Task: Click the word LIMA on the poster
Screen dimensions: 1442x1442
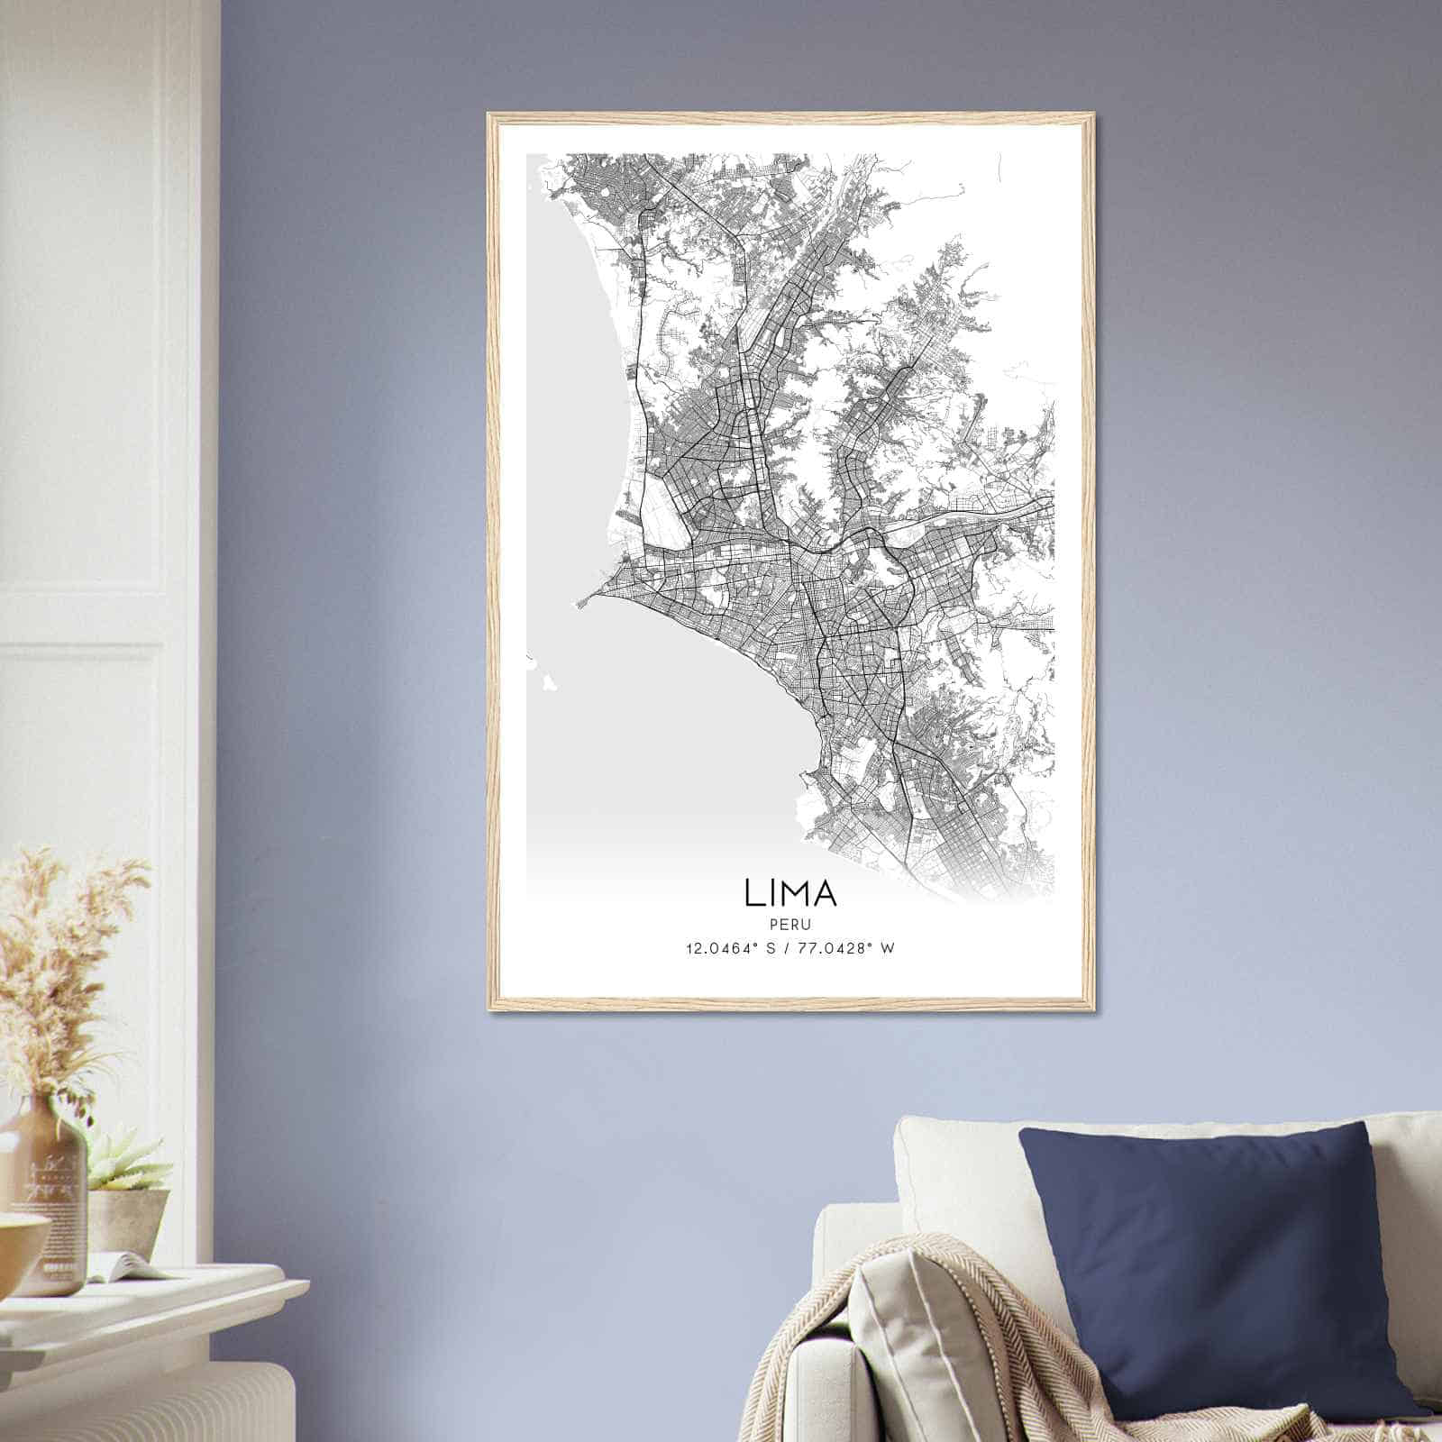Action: coord(790,892)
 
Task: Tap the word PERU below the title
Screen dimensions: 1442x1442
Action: coord(790,925)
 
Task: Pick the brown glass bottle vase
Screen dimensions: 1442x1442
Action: coord(50,1199)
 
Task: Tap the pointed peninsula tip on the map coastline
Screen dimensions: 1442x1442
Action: coord(574,605)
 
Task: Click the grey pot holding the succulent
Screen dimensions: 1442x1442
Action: coord(126,1217)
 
